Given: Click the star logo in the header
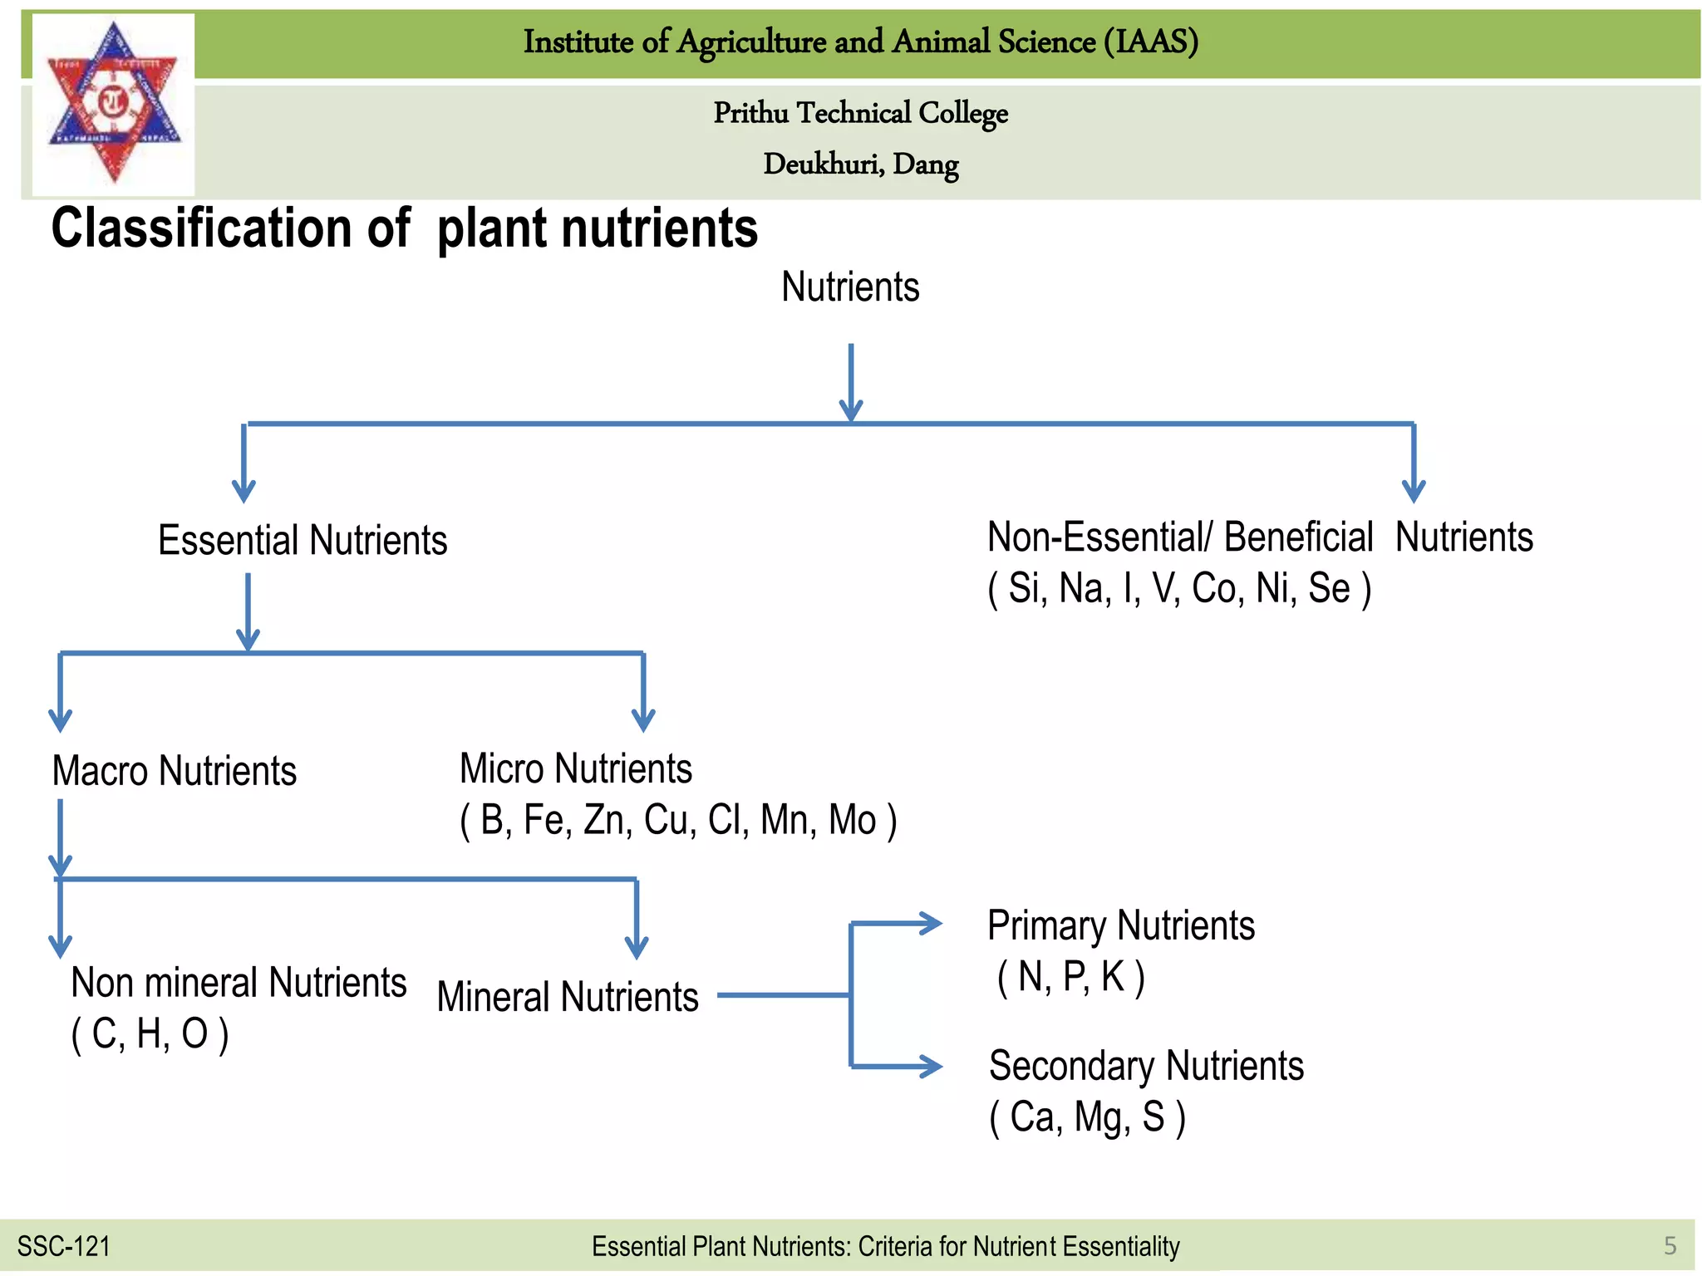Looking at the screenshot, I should [114, 103].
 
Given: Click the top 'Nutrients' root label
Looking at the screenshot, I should [850, 287].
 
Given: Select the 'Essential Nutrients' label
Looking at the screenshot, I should [303, 541].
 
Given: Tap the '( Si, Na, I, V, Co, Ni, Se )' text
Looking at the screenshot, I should [1178, 589].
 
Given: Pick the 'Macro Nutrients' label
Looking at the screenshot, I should [174, 771].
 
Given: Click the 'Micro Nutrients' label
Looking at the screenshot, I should [575, 768].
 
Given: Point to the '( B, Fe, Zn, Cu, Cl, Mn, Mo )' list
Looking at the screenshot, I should [678, 821].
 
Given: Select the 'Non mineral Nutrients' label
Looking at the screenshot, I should [239, 983].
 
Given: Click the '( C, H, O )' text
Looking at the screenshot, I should [150, 1034].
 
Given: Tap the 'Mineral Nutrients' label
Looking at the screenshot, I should [568, 997].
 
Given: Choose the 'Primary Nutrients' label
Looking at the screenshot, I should [1120, 925].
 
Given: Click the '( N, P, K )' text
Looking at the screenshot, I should [1070, 977].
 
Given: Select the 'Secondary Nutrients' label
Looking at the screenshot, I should [1146, 1066].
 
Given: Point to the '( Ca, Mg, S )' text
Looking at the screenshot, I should [1087, 1117].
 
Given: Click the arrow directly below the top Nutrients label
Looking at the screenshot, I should [851, 382].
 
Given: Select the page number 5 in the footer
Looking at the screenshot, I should [1670, 1246].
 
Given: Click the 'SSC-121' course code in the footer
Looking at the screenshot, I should [64, 1246].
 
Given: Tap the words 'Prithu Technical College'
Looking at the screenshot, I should [860, 113].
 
